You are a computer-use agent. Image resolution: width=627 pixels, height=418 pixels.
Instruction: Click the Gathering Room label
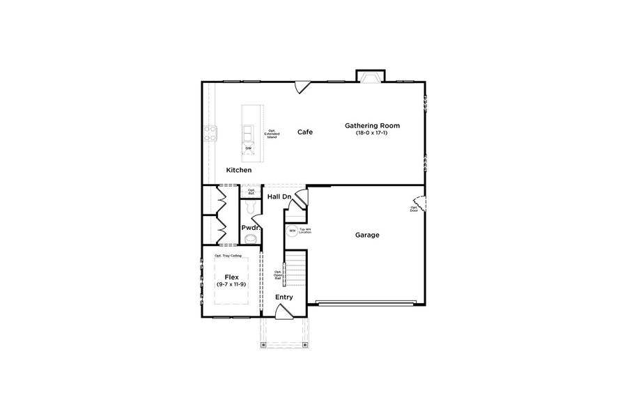(x=372, y=125)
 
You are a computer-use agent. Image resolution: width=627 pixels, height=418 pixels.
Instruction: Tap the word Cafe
(x=305, y=132)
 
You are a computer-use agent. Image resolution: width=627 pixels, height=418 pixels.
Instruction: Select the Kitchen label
(x=239, y=170)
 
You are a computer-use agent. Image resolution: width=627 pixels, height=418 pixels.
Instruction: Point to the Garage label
(x=367, y=235)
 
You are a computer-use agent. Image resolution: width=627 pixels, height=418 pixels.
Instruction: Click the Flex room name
(x=231, y=277)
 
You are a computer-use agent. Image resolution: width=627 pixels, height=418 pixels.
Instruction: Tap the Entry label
(x=284, y=297)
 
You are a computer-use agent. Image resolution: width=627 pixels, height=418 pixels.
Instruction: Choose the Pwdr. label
(x=251, y=228)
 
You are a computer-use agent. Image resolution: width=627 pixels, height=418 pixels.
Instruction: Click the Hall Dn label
(x=279, y=197)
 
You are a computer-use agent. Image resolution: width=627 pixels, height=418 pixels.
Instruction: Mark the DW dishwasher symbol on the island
(x=249, y=148)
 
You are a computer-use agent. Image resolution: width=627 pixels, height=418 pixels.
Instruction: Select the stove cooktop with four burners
(x=210, y=132)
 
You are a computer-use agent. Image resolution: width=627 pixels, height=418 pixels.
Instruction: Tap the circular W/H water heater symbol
(x=292, y=231)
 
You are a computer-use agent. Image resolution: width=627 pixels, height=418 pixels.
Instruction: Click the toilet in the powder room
(x=251, y=207)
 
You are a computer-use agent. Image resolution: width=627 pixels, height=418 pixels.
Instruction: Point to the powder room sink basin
(x=251, y=240)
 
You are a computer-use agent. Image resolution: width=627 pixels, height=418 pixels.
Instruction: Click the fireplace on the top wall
(x=369, y=77)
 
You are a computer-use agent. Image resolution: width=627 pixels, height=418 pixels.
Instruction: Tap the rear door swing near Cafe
(x=302, y=87)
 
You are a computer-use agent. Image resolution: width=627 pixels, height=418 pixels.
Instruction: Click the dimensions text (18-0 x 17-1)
(x=372, y=133)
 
